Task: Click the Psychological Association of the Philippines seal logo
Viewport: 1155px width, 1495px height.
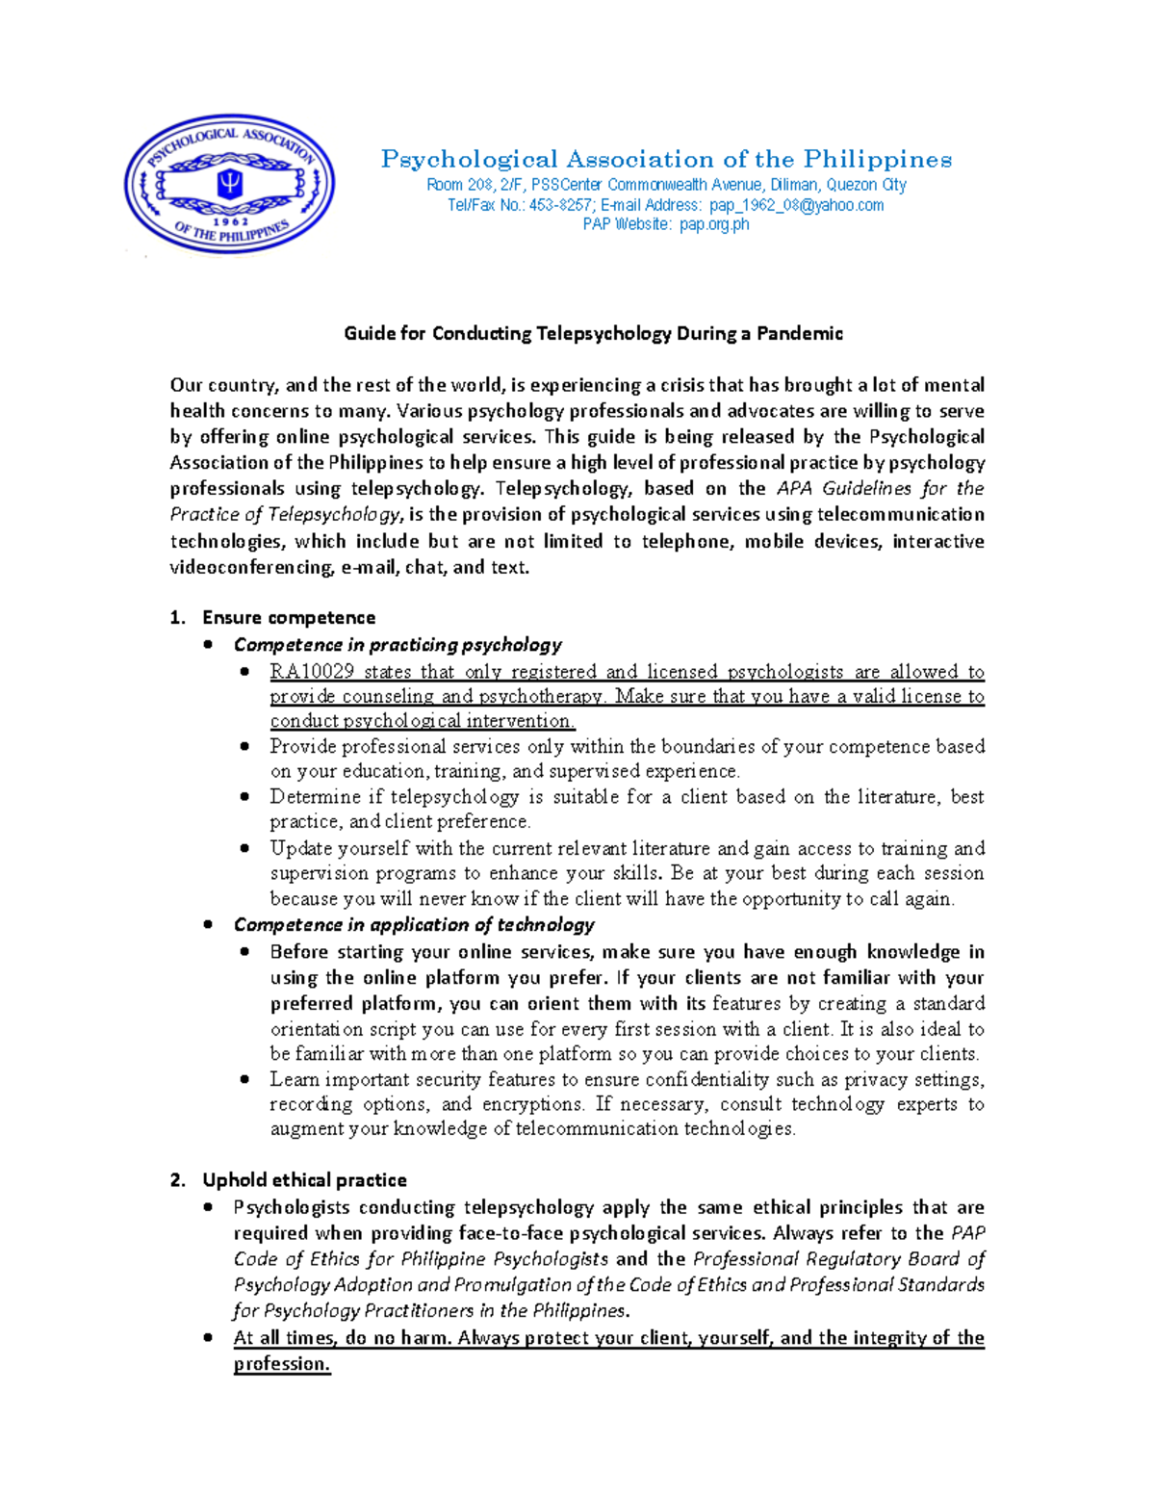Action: (229, 185)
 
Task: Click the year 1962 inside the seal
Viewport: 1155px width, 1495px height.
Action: (231, 220)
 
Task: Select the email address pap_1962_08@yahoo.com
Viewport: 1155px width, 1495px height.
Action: (796, 205)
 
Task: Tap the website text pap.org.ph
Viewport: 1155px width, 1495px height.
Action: (713, 224)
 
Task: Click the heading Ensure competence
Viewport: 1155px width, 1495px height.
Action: (289, 617)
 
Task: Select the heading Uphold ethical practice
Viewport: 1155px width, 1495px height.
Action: (304, 1179)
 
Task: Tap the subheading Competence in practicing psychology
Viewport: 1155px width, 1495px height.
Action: (398, 644)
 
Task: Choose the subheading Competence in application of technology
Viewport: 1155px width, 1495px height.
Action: (414, 924)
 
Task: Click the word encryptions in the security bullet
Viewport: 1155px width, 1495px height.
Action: (532, 1104)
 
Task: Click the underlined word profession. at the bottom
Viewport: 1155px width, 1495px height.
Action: (282, 1363)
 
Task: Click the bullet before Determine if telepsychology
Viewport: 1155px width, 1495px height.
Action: (245, 796)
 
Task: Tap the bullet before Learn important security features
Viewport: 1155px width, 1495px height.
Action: (245, 1079)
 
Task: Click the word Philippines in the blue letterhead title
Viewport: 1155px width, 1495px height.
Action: (877, 159)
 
